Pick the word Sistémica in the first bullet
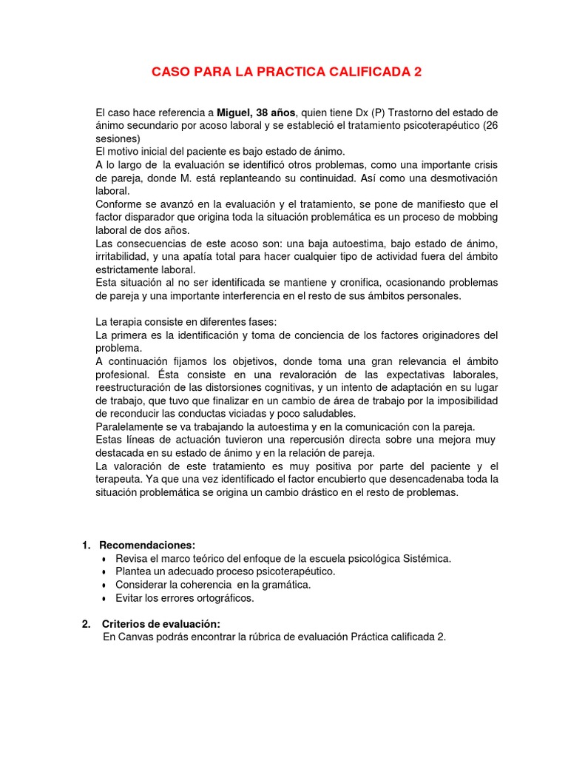[427, 558]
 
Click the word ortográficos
[219, 598]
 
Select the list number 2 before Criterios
[86, 623]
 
